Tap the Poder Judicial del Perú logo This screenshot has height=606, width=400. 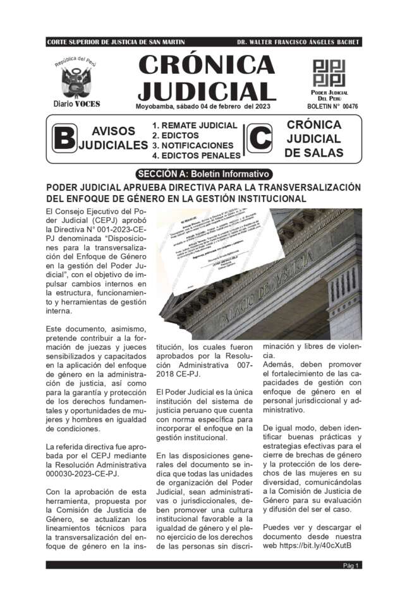(329, 74)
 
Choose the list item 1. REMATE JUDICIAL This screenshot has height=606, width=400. (195, 126)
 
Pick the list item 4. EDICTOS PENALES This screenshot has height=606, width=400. (197, 155)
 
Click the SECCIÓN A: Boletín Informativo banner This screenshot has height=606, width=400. (203, 174)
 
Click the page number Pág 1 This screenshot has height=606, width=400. (351, 566)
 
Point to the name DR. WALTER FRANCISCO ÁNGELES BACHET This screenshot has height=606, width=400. (298, 42)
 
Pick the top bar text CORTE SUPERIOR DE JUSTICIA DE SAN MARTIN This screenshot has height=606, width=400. (116, 42)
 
